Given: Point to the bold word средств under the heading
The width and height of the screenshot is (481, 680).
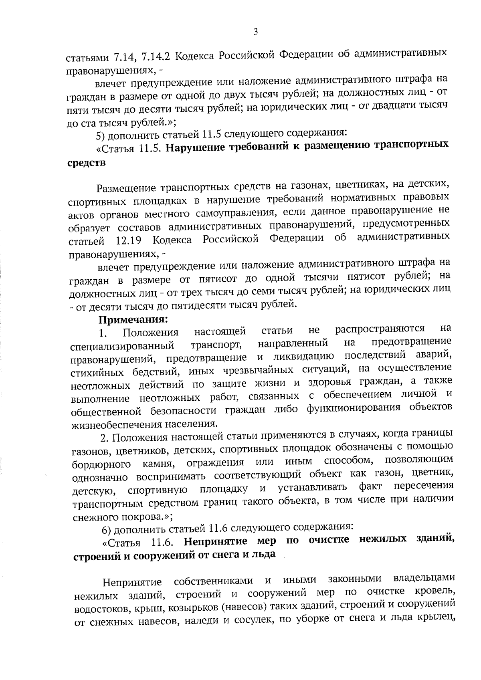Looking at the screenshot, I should pyautogui.click(x=86, y=163).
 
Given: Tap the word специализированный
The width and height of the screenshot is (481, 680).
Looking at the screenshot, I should pyautogui.click(x=122, y=346).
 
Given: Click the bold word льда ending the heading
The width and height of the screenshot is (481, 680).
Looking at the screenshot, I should pyautogui.click(x=264, y=554).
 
